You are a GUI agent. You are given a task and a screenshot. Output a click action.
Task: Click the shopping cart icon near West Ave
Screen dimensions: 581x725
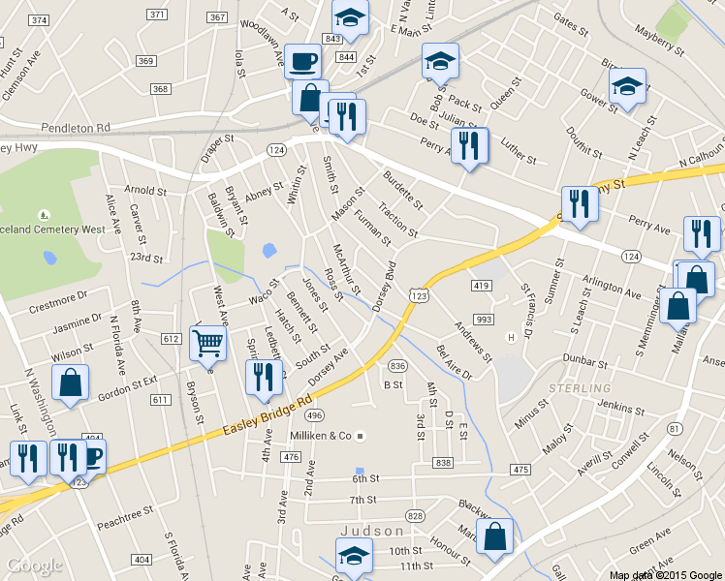tap(208, 342)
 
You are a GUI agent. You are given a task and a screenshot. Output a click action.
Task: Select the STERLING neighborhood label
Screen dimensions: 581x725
tap(579, 387)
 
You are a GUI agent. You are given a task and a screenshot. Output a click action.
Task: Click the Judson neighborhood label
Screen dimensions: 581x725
tap(372, 531)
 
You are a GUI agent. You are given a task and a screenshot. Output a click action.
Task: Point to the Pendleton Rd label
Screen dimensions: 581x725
tap(77, 127)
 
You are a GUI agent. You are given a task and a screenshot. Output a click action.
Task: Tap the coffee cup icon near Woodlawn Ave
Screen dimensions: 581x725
tap(302, 61)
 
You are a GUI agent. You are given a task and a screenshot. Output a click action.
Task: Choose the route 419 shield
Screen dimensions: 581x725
tap(482, 286)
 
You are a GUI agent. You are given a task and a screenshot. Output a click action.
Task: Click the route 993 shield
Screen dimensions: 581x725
tap(484, 321)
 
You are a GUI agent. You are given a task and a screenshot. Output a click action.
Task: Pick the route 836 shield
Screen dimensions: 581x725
tap(396, 366)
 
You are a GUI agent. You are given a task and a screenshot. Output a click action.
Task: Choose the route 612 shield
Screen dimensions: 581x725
tap(172, 338)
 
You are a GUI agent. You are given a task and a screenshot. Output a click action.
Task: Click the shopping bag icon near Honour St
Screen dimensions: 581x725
tap(494, 537)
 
